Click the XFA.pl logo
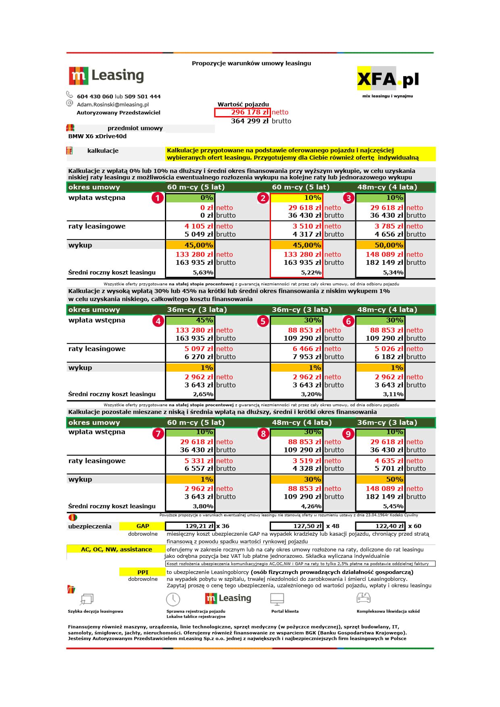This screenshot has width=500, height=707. (387, 79)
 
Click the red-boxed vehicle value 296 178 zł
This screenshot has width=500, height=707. (242, 112)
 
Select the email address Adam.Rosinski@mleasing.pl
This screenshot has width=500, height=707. (113, 104)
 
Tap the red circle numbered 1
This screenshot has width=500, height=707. (157, 198)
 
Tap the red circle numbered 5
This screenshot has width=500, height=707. (263, 321)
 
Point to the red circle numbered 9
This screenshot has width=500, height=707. (348, 434)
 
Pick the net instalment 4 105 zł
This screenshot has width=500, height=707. (198, 227)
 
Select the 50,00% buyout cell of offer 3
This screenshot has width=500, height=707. (380, 245)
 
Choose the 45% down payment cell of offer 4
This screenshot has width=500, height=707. (190, 320)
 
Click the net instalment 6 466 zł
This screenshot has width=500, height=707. (307, 349)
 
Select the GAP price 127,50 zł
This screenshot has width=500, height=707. (296, 526)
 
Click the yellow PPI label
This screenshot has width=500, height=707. (143, 572)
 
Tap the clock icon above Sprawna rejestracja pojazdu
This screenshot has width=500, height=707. (173, 599)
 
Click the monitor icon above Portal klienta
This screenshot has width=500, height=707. (277, 599)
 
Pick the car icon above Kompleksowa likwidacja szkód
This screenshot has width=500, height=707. (363, 598)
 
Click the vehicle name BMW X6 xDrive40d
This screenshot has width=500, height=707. (98, 136)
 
